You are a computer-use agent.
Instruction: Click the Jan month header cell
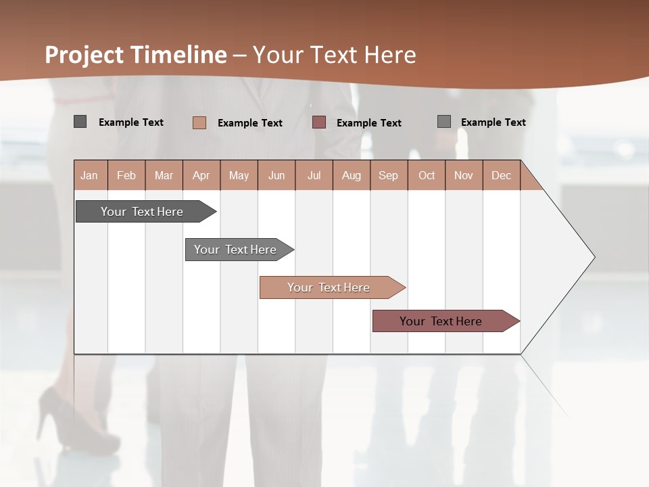point(90,175)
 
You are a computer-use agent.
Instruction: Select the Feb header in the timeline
point(126,175)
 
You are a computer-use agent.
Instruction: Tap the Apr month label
point(201,175)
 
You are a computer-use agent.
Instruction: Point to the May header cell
point(239,175)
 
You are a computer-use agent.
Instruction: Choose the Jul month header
point(314,175)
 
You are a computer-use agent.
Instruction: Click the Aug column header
point(352,175)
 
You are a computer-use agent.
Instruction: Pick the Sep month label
point(389,175)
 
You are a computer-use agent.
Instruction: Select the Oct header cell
point(427,175)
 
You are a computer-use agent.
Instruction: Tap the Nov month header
point(464,175)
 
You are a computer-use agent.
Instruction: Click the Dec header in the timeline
point(502,175)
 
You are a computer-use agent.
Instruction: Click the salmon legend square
point(199,122)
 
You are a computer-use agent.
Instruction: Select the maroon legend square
point(319,122)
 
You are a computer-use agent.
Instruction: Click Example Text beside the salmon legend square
point(250,123)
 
